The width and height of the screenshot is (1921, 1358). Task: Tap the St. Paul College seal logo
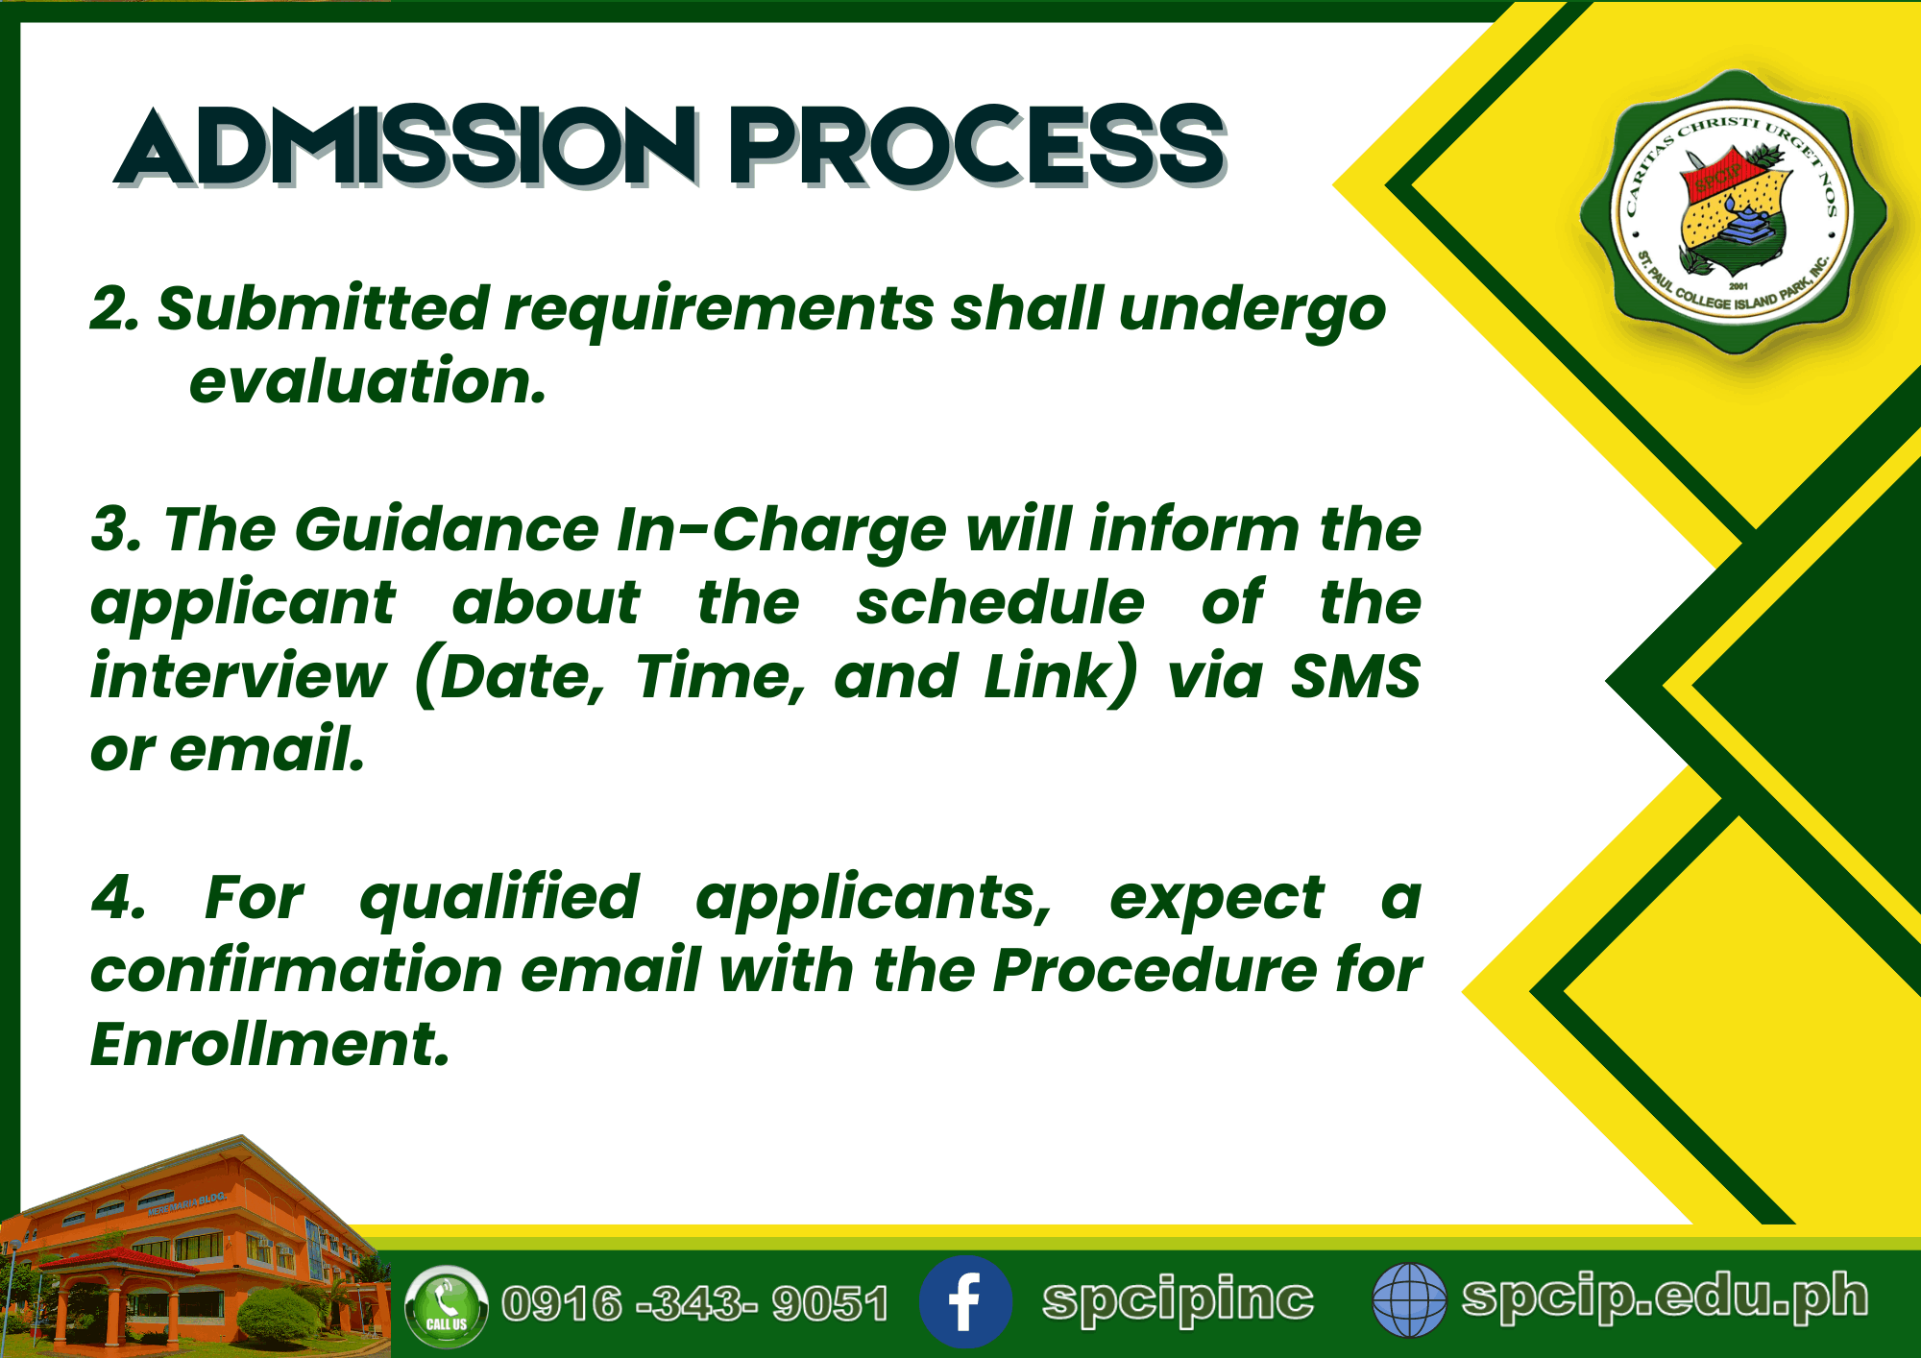click(1734, 211)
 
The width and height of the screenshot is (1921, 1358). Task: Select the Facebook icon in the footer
click(965, 1301)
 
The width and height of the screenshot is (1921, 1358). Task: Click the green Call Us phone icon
click(446, 1306)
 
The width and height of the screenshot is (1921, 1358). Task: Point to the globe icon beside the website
click(1409, 1299)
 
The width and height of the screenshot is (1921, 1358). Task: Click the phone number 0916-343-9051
click(694, 1303)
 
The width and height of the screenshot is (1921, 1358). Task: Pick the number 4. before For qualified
click(118, 898)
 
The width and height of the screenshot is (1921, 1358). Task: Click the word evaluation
click(368, 381)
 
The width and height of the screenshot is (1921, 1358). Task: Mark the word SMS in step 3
click(1355, 676)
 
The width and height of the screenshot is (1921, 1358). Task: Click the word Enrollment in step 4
click(270, 1044)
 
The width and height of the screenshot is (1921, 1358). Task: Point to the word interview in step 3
click(238, 675)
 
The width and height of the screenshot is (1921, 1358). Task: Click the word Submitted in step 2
click(324, 308)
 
